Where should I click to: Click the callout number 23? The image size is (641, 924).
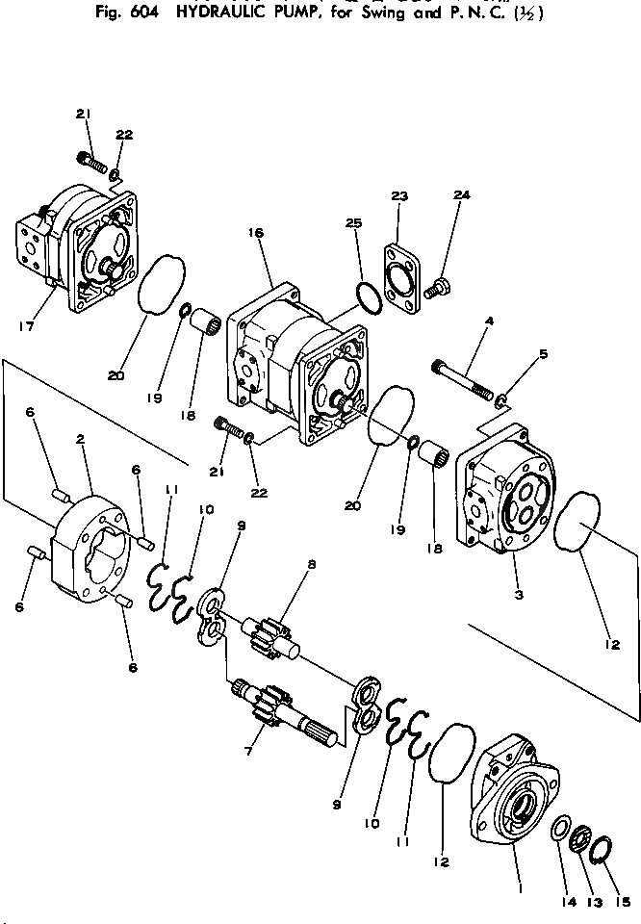pos(400,196)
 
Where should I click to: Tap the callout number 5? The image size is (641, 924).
pos(543,354)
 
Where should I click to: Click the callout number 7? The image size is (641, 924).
pos(247,750)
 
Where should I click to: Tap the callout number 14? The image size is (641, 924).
pos(560,902)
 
